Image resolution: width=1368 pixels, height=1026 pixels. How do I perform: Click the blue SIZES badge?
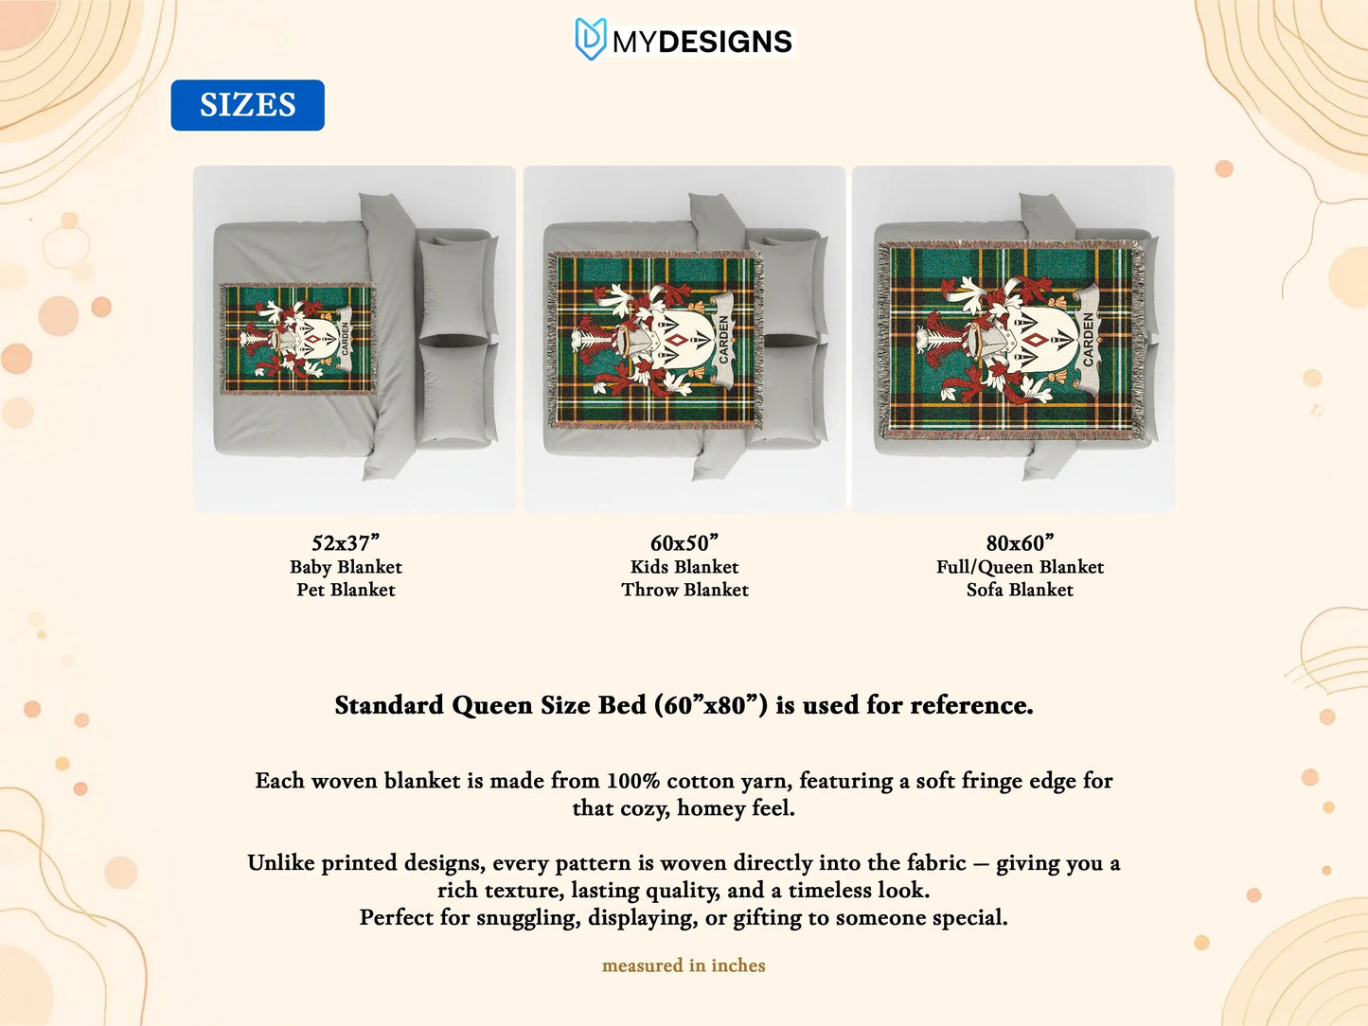coord(247,105)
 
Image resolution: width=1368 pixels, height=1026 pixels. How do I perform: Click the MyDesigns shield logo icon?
coord(590,39)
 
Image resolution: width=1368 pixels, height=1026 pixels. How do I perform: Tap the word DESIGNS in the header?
coord(725,42)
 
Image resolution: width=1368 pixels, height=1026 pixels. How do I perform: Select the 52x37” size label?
coord(346,542)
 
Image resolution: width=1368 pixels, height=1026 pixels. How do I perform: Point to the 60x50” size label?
coord(684,542)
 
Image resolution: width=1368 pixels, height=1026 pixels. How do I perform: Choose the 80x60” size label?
coord(1020,542)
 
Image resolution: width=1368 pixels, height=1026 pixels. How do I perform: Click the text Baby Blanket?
coord(346,567)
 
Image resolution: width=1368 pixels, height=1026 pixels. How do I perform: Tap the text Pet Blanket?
coord(346,590)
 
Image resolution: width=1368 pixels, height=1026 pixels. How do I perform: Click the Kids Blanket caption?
coord(684,567)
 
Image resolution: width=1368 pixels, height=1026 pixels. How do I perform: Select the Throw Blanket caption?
coord(684,590)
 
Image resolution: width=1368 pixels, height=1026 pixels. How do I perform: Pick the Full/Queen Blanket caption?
coord(1020,567)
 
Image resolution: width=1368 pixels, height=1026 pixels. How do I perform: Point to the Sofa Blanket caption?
coord(1020,590)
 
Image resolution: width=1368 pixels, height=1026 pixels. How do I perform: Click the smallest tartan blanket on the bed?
coord(298,338)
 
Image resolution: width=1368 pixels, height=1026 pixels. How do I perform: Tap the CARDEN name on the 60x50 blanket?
coord(723,339)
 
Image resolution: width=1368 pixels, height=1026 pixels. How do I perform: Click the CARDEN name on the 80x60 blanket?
coord(1088,339)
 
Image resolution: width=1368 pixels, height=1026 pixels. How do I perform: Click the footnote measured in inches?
coord(684,964)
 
